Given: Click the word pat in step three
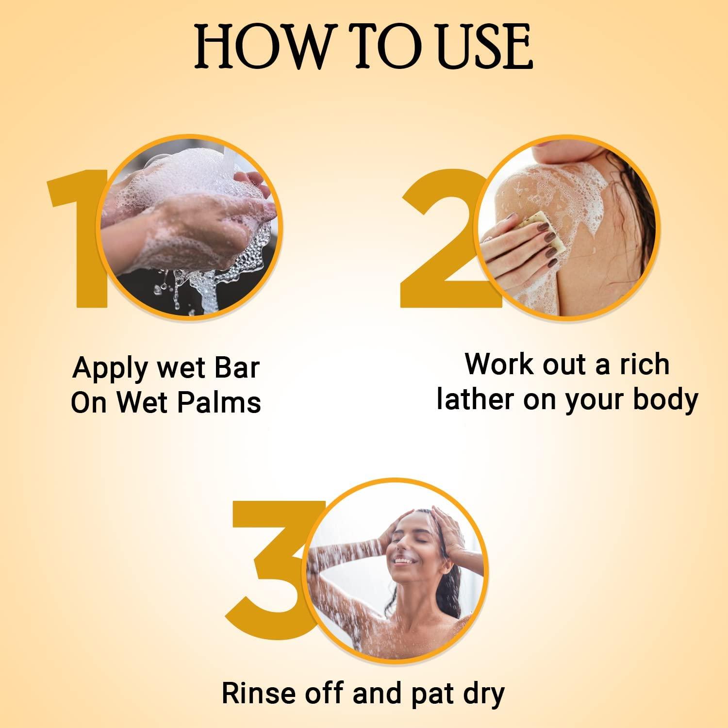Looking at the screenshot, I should pos(430,694).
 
